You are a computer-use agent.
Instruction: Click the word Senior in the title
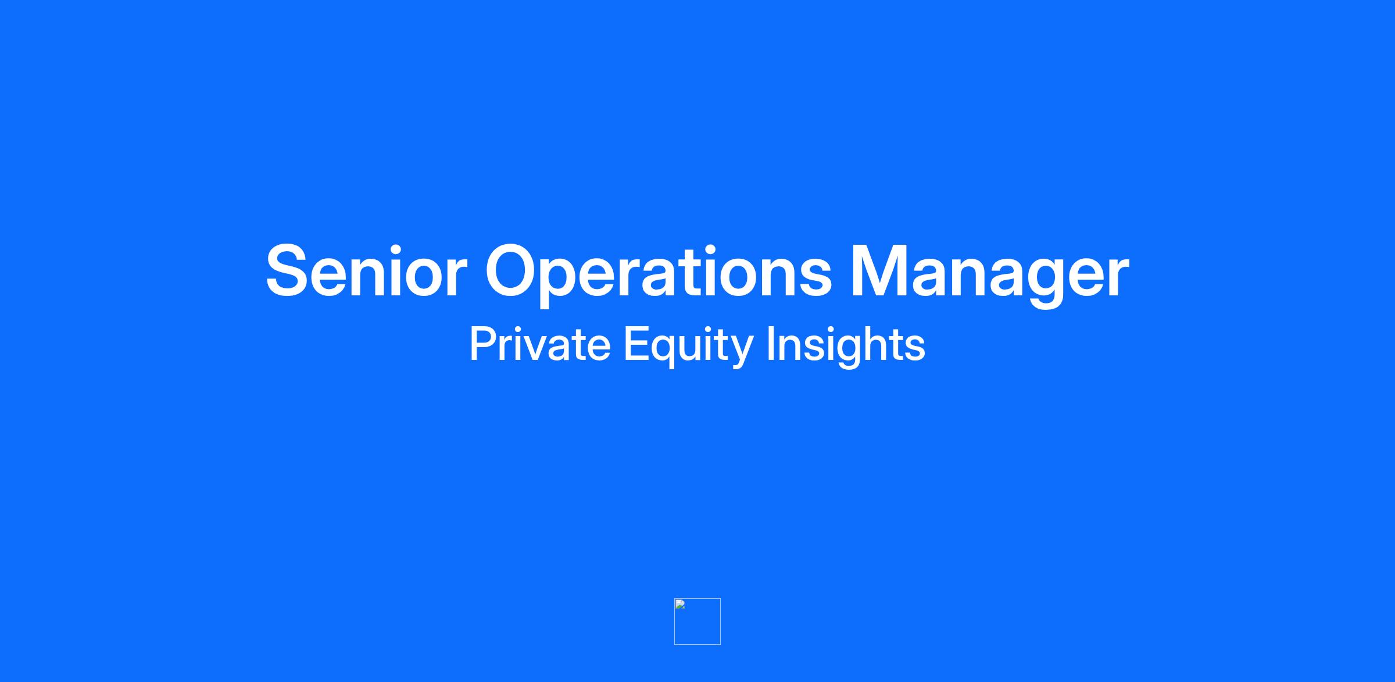[x=367, y=270]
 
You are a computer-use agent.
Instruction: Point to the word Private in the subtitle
[x=540, y=344]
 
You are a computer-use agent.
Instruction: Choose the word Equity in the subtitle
[x=688, y=347]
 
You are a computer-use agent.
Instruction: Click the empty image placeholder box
[x=697, y=622]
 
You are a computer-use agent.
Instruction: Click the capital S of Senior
[x=287, y=270]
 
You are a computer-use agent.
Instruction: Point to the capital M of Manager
[x=880, y=271]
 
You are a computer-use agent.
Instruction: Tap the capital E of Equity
[x=636, y=344]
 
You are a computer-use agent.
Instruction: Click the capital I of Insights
[x=770, y=344]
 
